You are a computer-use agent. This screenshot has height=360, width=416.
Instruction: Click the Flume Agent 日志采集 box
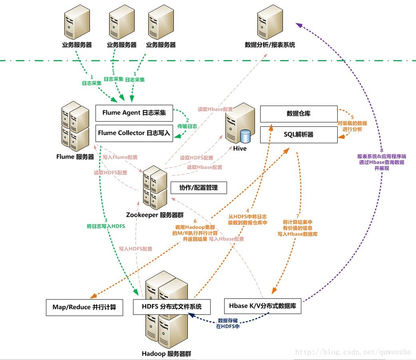[134, 113]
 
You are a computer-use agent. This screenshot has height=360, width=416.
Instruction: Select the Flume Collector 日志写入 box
[134, 133]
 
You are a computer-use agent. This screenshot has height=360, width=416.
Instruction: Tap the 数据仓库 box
[299, 114]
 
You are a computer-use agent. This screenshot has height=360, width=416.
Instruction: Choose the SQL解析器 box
[299, 135]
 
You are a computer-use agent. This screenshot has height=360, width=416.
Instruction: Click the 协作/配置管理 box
[199, 187]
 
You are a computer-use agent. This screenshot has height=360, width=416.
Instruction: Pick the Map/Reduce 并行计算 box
[84, 307]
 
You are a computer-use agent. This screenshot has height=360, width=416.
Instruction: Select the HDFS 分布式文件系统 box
[171, 307]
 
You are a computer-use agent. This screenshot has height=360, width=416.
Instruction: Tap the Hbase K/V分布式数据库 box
[262, 306]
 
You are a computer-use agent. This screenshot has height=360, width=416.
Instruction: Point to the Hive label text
[240, 148]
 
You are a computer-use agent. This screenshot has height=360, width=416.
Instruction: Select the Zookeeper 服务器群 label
[155, 215]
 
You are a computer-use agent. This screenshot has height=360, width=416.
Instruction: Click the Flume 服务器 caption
[75, 157]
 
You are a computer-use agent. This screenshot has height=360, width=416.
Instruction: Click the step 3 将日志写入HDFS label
[106, 223]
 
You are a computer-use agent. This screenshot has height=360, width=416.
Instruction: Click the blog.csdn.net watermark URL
[353, 352]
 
